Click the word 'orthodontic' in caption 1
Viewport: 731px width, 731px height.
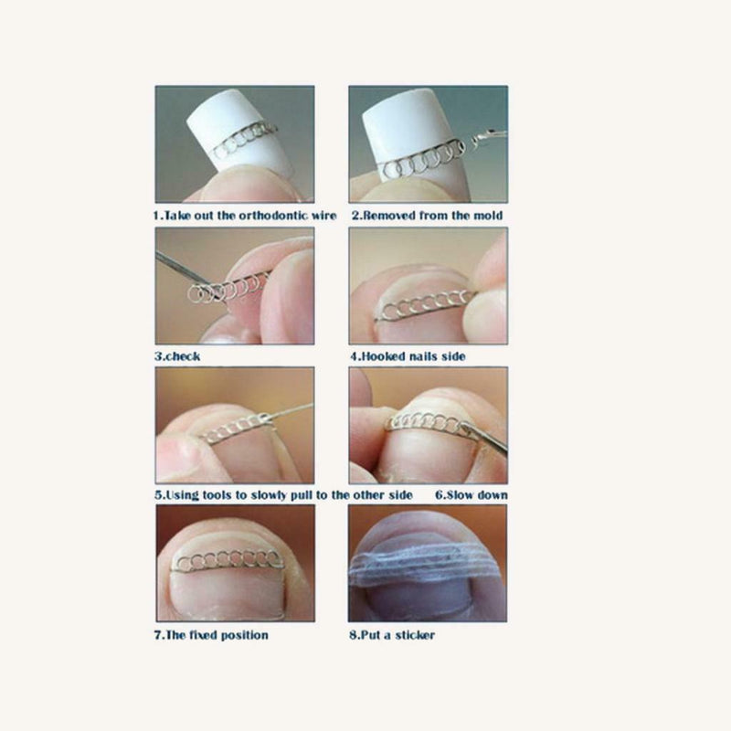coord(273,216)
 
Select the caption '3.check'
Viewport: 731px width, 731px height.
coord(177,355)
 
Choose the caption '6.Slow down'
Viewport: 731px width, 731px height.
coord(471,495)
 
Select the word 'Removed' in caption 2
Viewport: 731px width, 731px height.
coord(385,216)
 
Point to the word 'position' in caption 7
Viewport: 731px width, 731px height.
coord(244,635)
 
